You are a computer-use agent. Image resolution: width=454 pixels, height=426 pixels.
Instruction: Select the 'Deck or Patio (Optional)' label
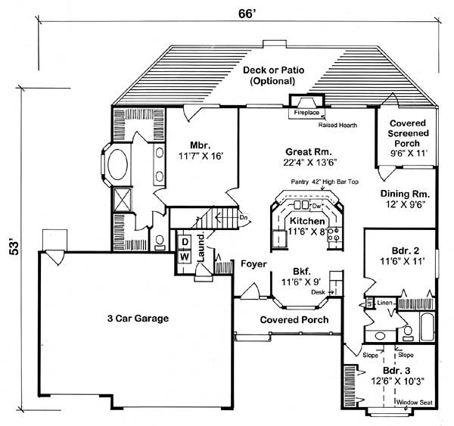[x=274, y=75]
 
